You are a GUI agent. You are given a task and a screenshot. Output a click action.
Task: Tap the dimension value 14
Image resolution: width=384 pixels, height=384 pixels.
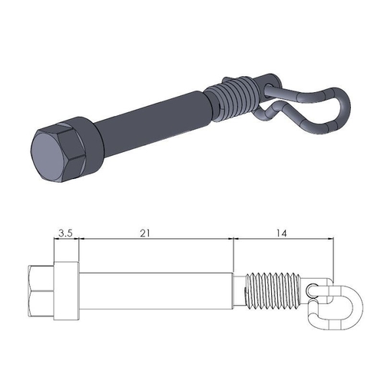click(283, 230)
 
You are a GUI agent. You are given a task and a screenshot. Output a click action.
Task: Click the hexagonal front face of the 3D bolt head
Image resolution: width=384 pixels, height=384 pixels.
click(49, 155)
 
